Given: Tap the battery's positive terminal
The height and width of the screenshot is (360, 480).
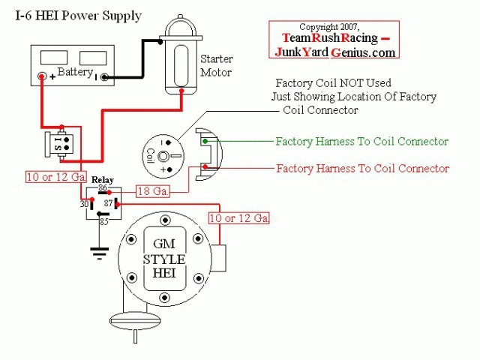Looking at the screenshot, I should (x=43, y=76).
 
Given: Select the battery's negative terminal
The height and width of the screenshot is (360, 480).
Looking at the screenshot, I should (x=105, y=76).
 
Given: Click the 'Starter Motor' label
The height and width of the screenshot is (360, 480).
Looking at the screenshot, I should (x=216, y=65).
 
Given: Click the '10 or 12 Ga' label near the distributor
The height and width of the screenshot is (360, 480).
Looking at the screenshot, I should (x=238, y=218).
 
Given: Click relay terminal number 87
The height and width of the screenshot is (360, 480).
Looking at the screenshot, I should (x=108, y=202).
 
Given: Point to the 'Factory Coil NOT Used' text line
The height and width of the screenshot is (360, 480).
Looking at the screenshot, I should (x=334, y=83).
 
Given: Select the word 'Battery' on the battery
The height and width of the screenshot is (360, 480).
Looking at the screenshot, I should (x=75, y=73).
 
